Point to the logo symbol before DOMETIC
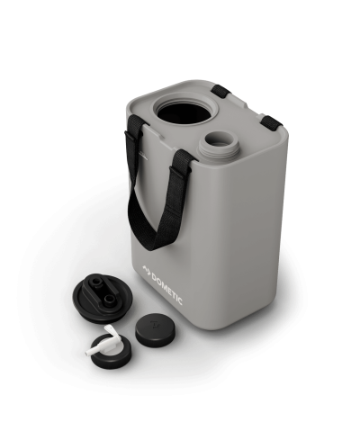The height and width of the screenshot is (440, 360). pos(147,268)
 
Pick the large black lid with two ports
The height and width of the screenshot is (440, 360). pos(98,298)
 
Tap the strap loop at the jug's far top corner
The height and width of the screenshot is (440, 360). pos(221,91)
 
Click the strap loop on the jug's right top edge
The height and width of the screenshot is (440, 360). pos(271,122)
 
